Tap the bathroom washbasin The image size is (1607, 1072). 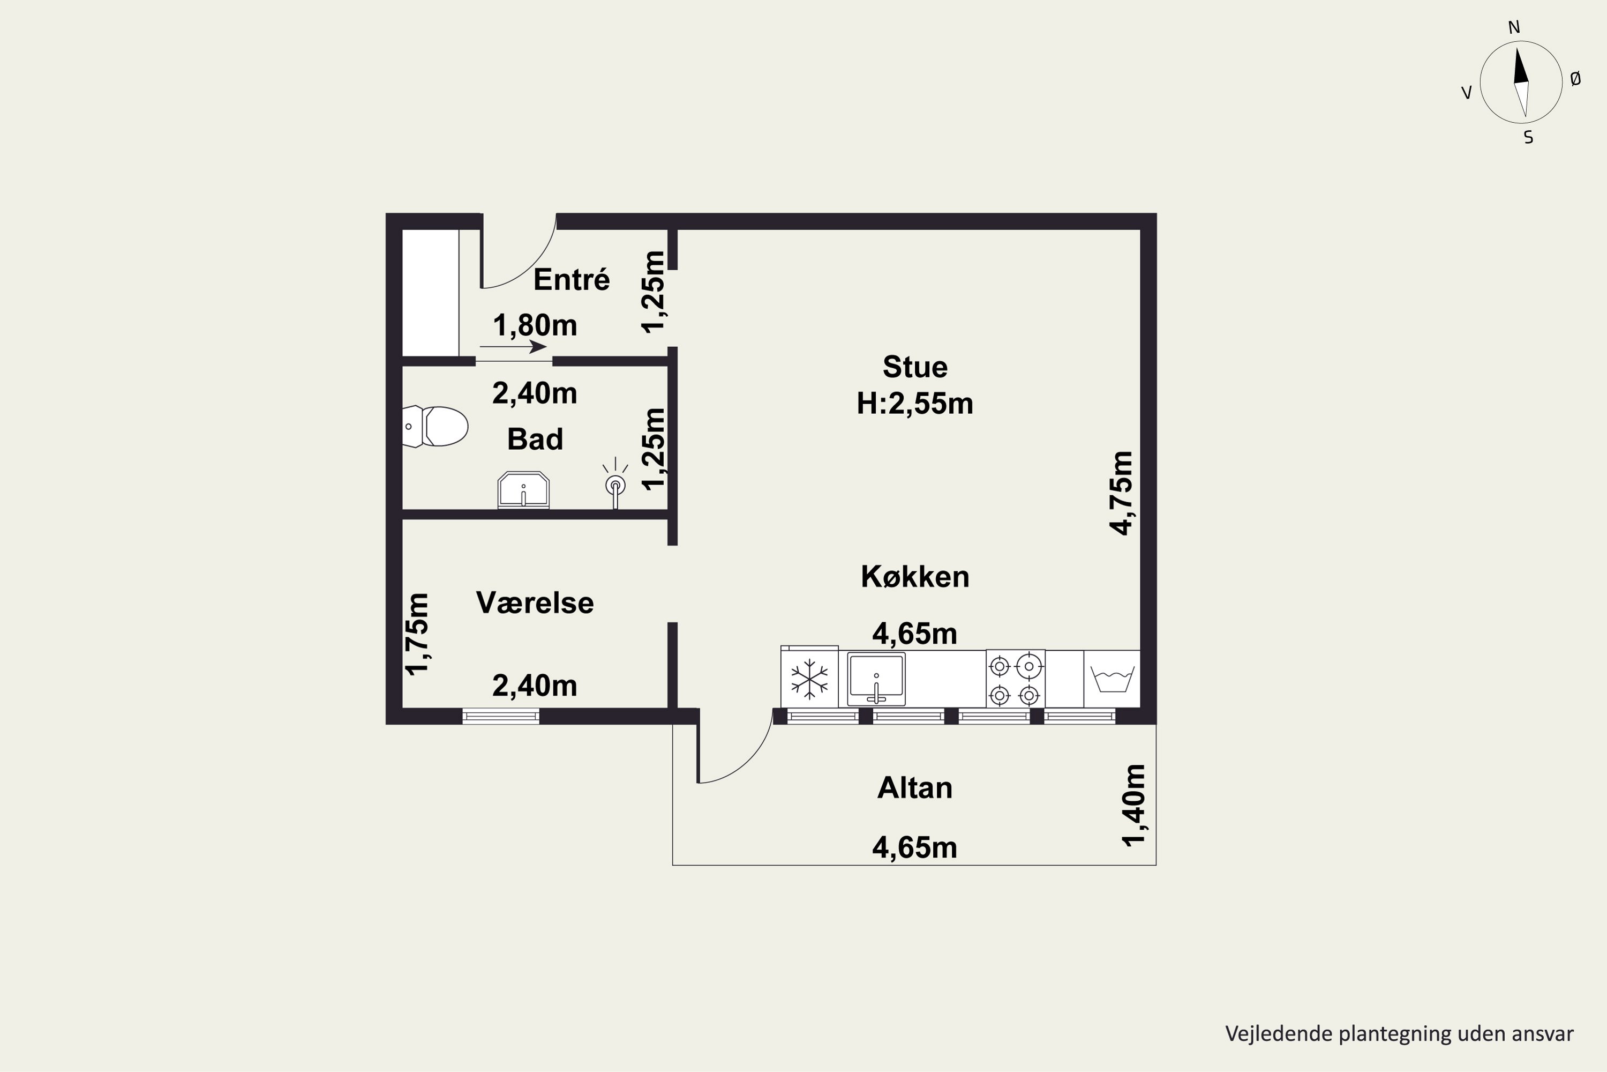[x=523, y=489]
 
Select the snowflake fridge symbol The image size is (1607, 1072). [x=809, y=679]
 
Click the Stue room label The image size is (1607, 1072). [x=915, y=367]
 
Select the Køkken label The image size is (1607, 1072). [x=915, y=577]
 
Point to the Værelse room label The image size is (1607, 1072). [x=535, y=603]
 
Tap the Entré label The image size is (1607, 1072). [x=571, y=280]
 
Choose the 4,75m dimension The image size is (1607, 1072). [x=1121, y=493]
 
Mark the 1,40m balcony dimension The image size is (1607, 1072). [x=1133, y=806]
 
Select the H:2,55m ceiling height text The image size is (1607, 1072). [x=915, y=404]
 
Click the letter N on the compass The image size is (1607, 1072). [x=1514, y=27]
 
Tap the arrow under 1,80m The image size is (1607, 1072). [x=513, y=347]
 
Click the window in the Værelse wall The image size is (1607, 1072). [x=501, y=716]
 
